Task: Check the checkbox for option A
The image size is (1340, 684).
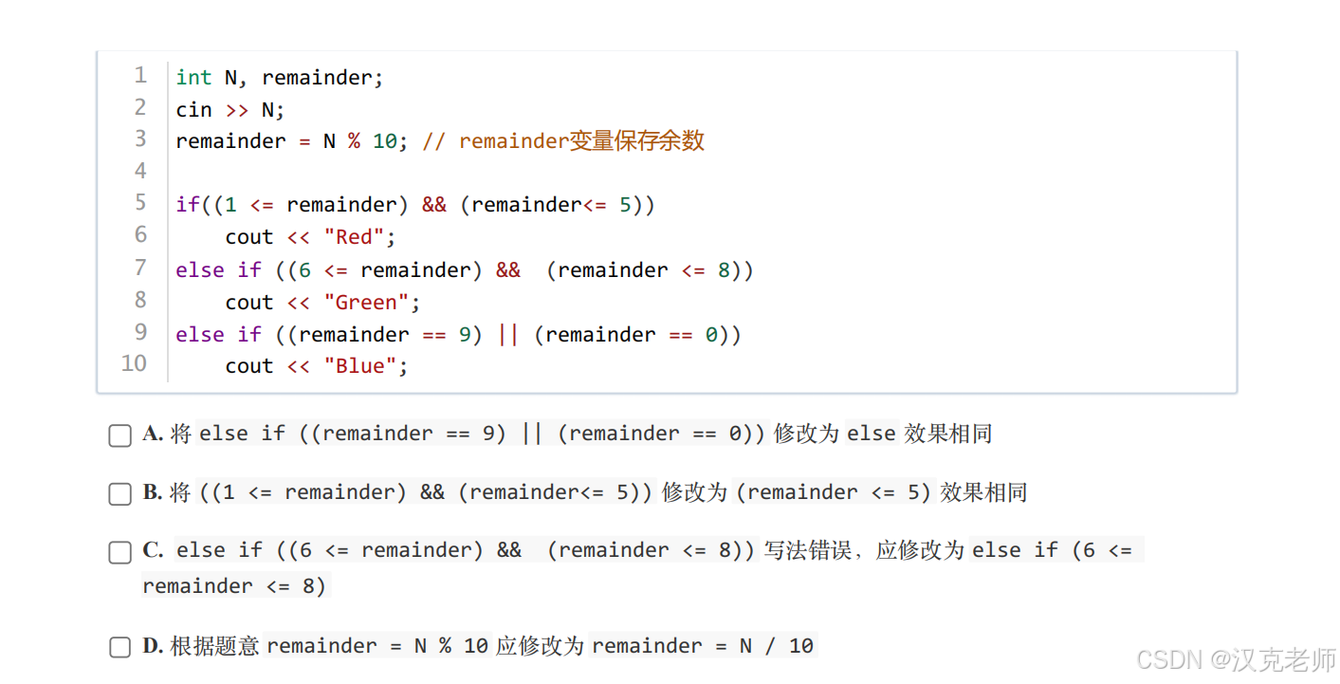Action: [120, 435]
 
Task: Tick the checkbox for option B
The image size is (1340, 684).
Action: [120, 494]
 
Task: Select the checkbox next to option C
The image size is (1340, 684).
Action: [120, 552]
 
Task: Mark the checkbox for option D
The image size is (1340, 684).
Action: [120, 647]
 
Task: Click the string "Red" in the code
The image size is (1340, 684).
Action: [354, 237]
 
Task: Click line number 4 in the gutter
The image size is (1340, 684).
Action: [140, 172]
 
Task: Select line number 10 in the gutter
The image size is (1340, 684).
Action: [134, 363]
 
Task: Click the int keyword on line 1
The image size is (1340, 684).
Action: [193, 78]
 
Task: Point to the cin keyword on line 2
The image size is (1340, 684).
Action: [193, 110]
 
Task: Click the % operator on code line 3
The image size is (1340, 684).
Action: [354, 141]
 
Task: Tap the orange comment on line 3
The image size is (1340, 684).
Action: [562, 141]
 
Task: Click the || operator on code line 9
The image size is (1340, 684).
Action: [508, 335]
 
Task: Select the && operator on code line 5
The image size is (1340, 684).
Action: [433, 205]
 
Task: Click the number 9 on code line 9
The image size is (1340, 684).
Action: [465, 335]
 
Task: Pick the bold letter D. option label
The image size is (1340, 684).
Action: [153, 646]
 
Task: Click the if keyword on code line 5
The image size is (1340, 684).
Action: [188, 205]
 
